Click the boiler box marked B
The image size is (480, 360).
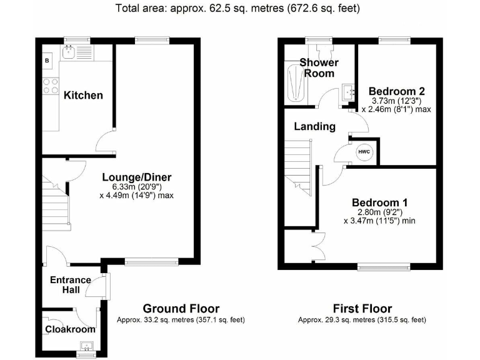(47, 60)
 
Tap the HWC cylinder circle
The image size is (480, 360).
(364, 152)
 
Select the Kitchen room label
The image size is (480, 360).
(83, 95)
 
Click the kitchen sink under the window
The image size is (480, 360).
(77, 51)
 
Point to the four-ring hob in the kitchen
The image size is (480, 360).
(50, 86)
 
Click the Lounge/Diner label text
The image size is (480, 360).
(136, 177)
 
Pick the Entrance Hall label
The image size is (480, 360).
(71, 284)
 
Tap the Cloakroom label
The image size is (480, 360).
(70, 329)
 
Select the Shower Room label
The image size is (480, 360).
(319, 67)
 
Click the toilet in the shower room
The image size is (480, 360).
(323, 49)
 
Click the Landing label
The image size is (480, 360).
(314, 126)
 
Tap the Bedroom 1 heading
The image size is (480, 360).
(379, 202)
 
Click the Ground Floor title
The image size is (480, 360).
(181, 308)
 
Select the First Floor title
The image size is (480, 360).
(362, 308)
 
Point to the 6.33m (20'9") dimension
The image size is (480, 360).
(136, 187)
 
